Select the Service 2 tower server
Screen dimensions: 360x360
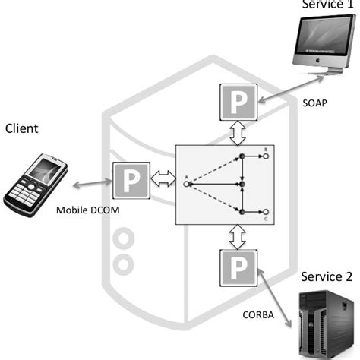tap(322, 323)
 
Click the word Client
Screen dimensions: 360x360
tap(22, 128)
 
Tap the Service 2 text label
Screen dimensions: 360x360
tap(327, 275)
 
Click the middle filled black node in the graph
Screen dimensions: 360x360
tap(241, 183)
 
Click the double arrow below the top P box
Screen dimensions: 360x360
tap(238, 134)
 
